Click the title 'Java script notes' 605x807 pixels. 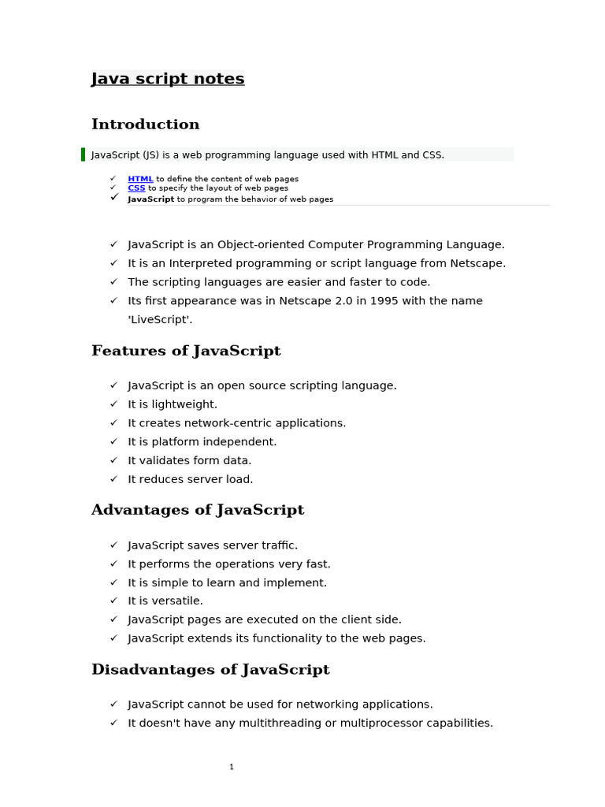pos(168,79)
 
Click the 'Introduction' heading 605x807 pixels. pos(146,125)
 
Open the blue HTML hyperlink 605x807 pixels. pos(140,179)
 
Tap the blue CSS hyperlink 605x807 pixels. pos(136,188)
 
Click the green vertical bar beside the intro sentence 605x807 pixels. pos(83,154)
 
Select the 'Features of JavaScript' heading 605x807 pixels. pos(186,351)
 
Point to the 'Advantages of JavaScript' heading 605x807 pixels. pos(198,510)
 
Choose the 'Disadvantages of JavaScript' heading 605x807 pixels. pos(210,670)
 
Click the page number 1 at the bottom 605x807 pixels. pos(232,767)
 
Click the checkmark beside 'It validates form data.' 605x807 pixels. pos(113,460)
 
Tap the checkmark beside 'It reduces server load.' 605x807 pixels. pos(113,479)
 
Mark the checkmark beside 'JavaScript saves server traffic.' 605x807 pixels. pos(113,545)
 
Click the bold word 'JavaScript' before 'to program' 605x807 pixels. pos(151,199)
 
